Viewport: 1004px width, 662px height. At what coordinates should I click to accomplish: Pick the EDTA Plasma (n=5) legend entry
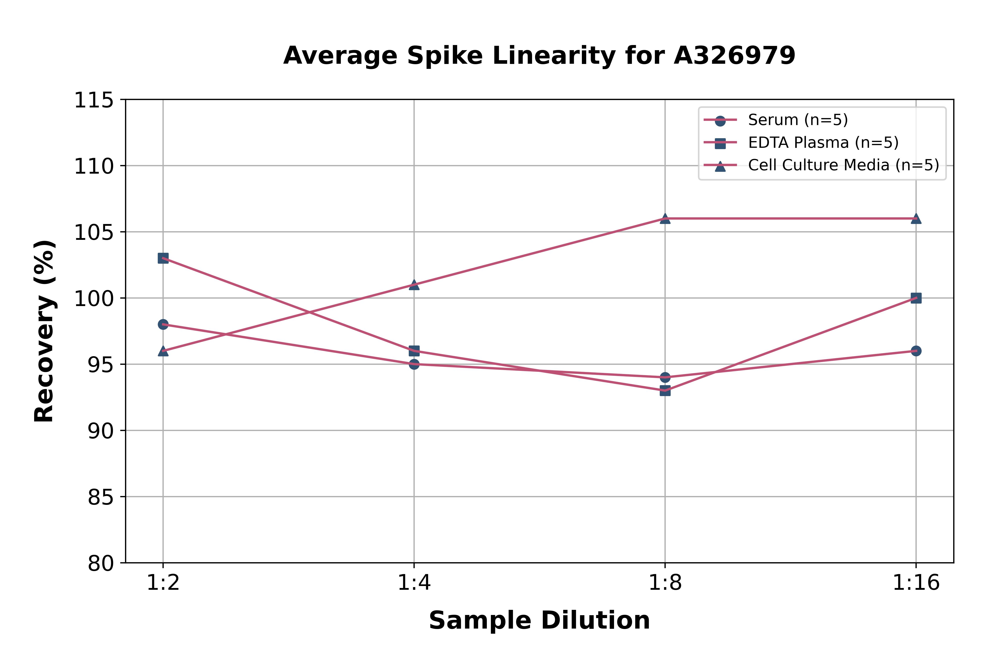(x=823, y=143)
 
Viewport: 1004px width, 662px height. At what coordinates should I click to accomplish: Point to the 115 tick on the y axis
(x=94, y=101)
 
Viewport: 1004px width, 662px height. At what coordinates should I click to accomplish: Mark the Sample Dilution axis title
(x=539, y=621)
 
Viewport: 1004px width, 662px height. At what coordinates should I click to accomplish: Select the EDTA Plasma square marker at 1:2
(x=163, y=258)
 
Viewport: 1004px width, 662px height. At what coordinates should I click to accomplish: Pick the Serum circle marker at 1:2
(x=163, y=324)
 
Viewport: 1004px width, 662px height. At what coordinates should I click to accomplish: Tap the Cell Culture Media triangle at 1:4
(x=414, y=285)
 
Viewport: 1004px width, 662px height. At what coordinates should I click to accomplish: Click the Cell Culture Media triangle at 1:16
(x=916, y=219)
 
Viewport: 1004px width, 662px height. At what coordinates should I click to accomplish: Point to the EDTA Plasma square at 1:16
(x=916, y=298)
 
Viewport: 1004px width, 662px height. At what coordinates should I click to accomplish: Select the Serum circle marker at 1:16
(x=916, y=351)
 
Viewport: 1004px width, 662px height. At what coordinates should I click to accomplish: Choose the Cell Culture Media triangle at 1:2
(x=163, y=351)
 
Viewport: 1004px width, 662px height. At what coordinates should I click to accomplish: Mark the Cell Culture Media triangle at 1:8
(x=665, y=219)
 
